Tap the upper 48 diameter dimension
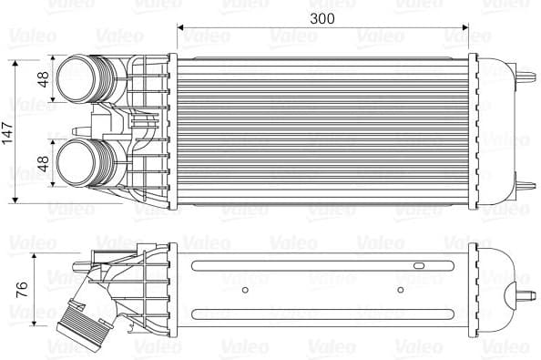42,78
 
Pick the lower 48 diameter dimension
42,161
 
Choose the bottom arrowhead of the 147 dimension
17,200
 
